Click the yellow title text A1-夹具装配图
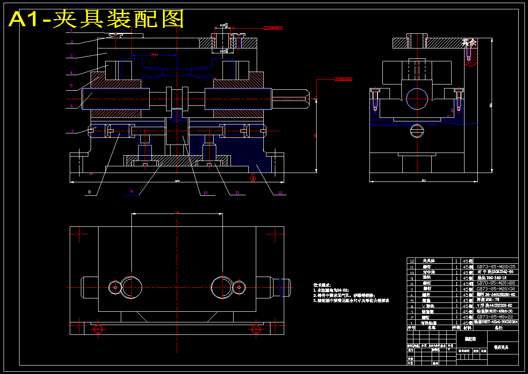[x=96, y=19]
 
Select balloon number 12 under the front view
[x=280, y=193]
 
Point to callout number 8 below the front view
[x=89, y=192]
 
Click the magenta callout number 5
[x=71, y=85]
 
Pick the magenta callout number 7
[x=72, y=131]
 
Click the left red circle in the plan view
[x=98, y=329]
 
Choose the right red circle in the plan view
[x=256, y=329]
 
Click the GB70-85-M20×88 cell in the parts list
[x=496, y=283]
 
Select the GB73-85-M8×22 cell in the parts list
[x=496, y=317]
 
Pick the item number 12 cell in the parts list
[x=412, y=261]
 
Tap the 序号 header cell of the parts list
[x=411, y=328]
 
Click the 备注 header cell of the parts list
[x=498, y=328]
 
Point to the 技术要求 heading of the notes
[x=322, y=285]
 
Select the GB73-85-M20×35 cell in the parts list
[x=496, y=266]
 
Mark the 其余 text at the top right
[x=469, y=43]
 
